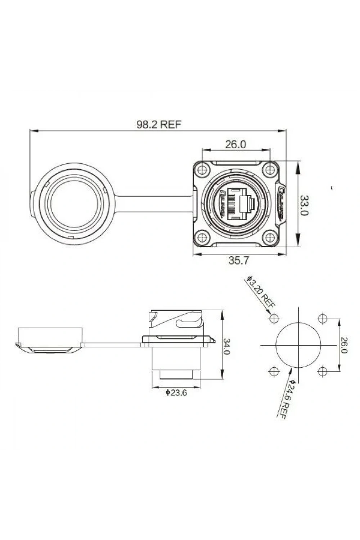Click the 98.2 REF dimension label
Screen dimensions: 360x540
(x=159, y=125)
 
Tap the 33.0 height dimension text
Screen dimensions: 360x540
(x=304, y=206)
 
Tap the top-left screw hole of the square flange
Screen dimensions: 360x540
(x=202, y=170)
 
